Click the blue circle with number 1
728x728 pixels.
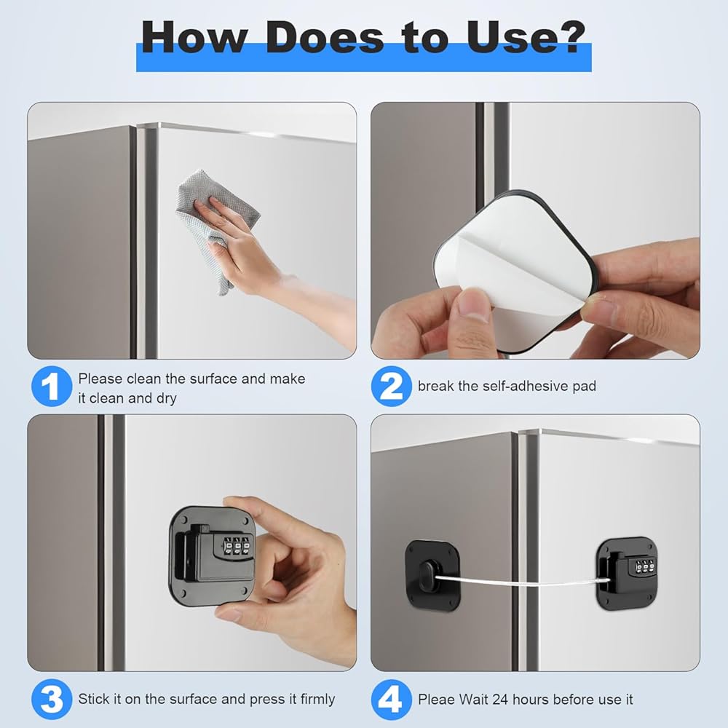point(52,387)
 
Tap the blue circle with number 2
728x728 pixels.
point(392,387)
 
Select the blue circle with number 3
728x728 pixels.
point(52,699)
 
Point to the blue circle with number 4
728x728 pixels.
point(392,699)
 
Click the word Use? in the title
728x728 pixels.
point(526,37)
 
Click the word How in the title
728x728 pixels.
point(194,37)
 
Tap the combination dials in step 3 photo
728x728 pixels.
point(237,546)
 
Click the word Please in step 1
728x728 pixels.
point(100,379)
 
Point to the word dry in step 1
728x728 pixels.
point(166,399)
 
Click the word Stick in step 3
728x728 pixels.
point(93,699)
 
